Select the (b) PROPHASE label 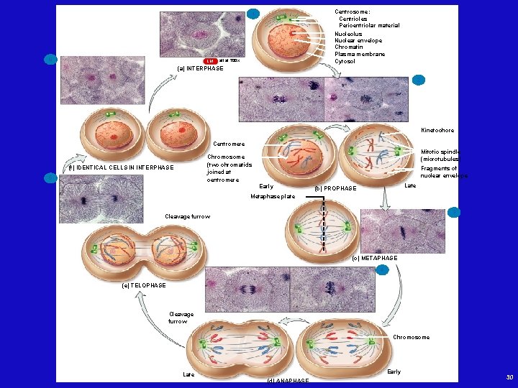(x=335, y=188)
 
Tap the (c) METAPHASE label (x=374, y=258)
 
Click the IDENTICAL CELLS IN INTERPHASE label (x=121, y=168)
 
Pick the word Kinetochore (x=437, y=131)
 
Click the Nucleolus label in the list (x=348, y=34)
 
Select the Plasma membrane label (x=360, y=54)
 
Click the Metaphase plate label (x=273, y=196)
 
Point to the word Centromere (x=230, y=144)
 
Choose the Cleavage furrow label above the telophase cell (x=187, y=216)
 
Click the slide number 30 (x=509, y=377)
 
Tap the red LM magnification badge (x=211, y=61)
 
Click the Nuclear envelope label (x=358, y=40)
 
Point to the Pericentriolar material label (x=369, y=26)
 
